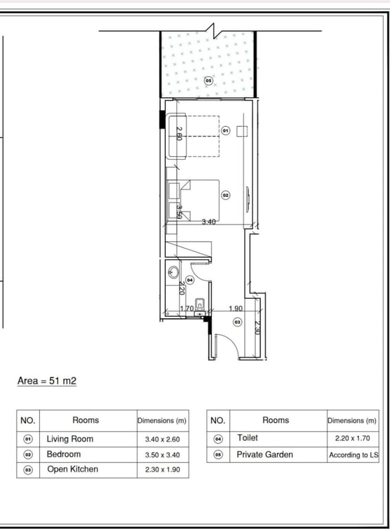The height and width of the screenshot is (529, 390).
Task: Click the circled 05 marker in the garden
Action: (209, 81)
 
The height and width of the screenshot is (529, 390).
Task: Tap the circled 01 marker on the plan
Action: (226, 130)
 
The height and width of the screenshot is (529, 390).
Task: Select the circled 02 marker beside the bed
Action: (226, 195)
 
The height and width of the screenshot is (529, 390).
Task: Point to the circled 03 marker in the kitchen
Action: (237, 322)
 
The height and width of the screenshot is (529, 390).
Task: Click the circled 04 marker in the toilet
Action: (190, 280)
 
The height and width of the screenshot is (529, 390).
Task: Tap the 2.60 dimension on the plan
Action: (180, 134)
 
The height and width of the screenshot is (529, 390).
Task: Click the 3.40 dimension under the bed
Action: (208, 222)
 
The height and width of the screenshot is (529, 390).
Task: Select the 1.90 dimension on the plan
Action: (235, 309)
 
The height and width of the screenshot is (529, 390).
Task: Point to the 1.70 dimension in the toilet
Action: (187, 309)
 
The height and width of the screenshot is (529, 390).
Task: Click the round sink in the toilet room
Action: (173, 272)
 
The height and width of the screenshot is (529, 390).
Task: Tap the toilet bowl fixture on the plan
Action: (199, 304)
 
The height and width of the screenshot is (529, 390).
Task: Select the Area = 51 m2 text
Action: (47, 381)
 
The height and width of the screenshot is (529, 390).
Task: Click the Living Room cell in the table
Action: (69, 439)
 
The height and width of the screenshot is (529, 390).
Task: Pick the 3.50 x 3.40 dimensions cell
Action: (162, 455)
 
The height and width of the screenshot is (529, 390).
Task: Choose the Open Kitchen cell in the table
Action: (72, 469)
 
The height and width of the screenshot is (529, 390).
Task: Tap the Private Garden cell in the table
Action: (265, 455)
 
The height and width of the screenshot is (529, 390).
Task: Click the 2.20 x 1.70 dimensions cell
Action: (352, 438)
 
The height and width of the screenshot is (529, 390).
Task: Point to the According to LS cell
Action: (354, 455)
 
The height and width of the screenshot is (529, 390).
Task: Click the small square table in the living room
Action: (242, 132)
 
